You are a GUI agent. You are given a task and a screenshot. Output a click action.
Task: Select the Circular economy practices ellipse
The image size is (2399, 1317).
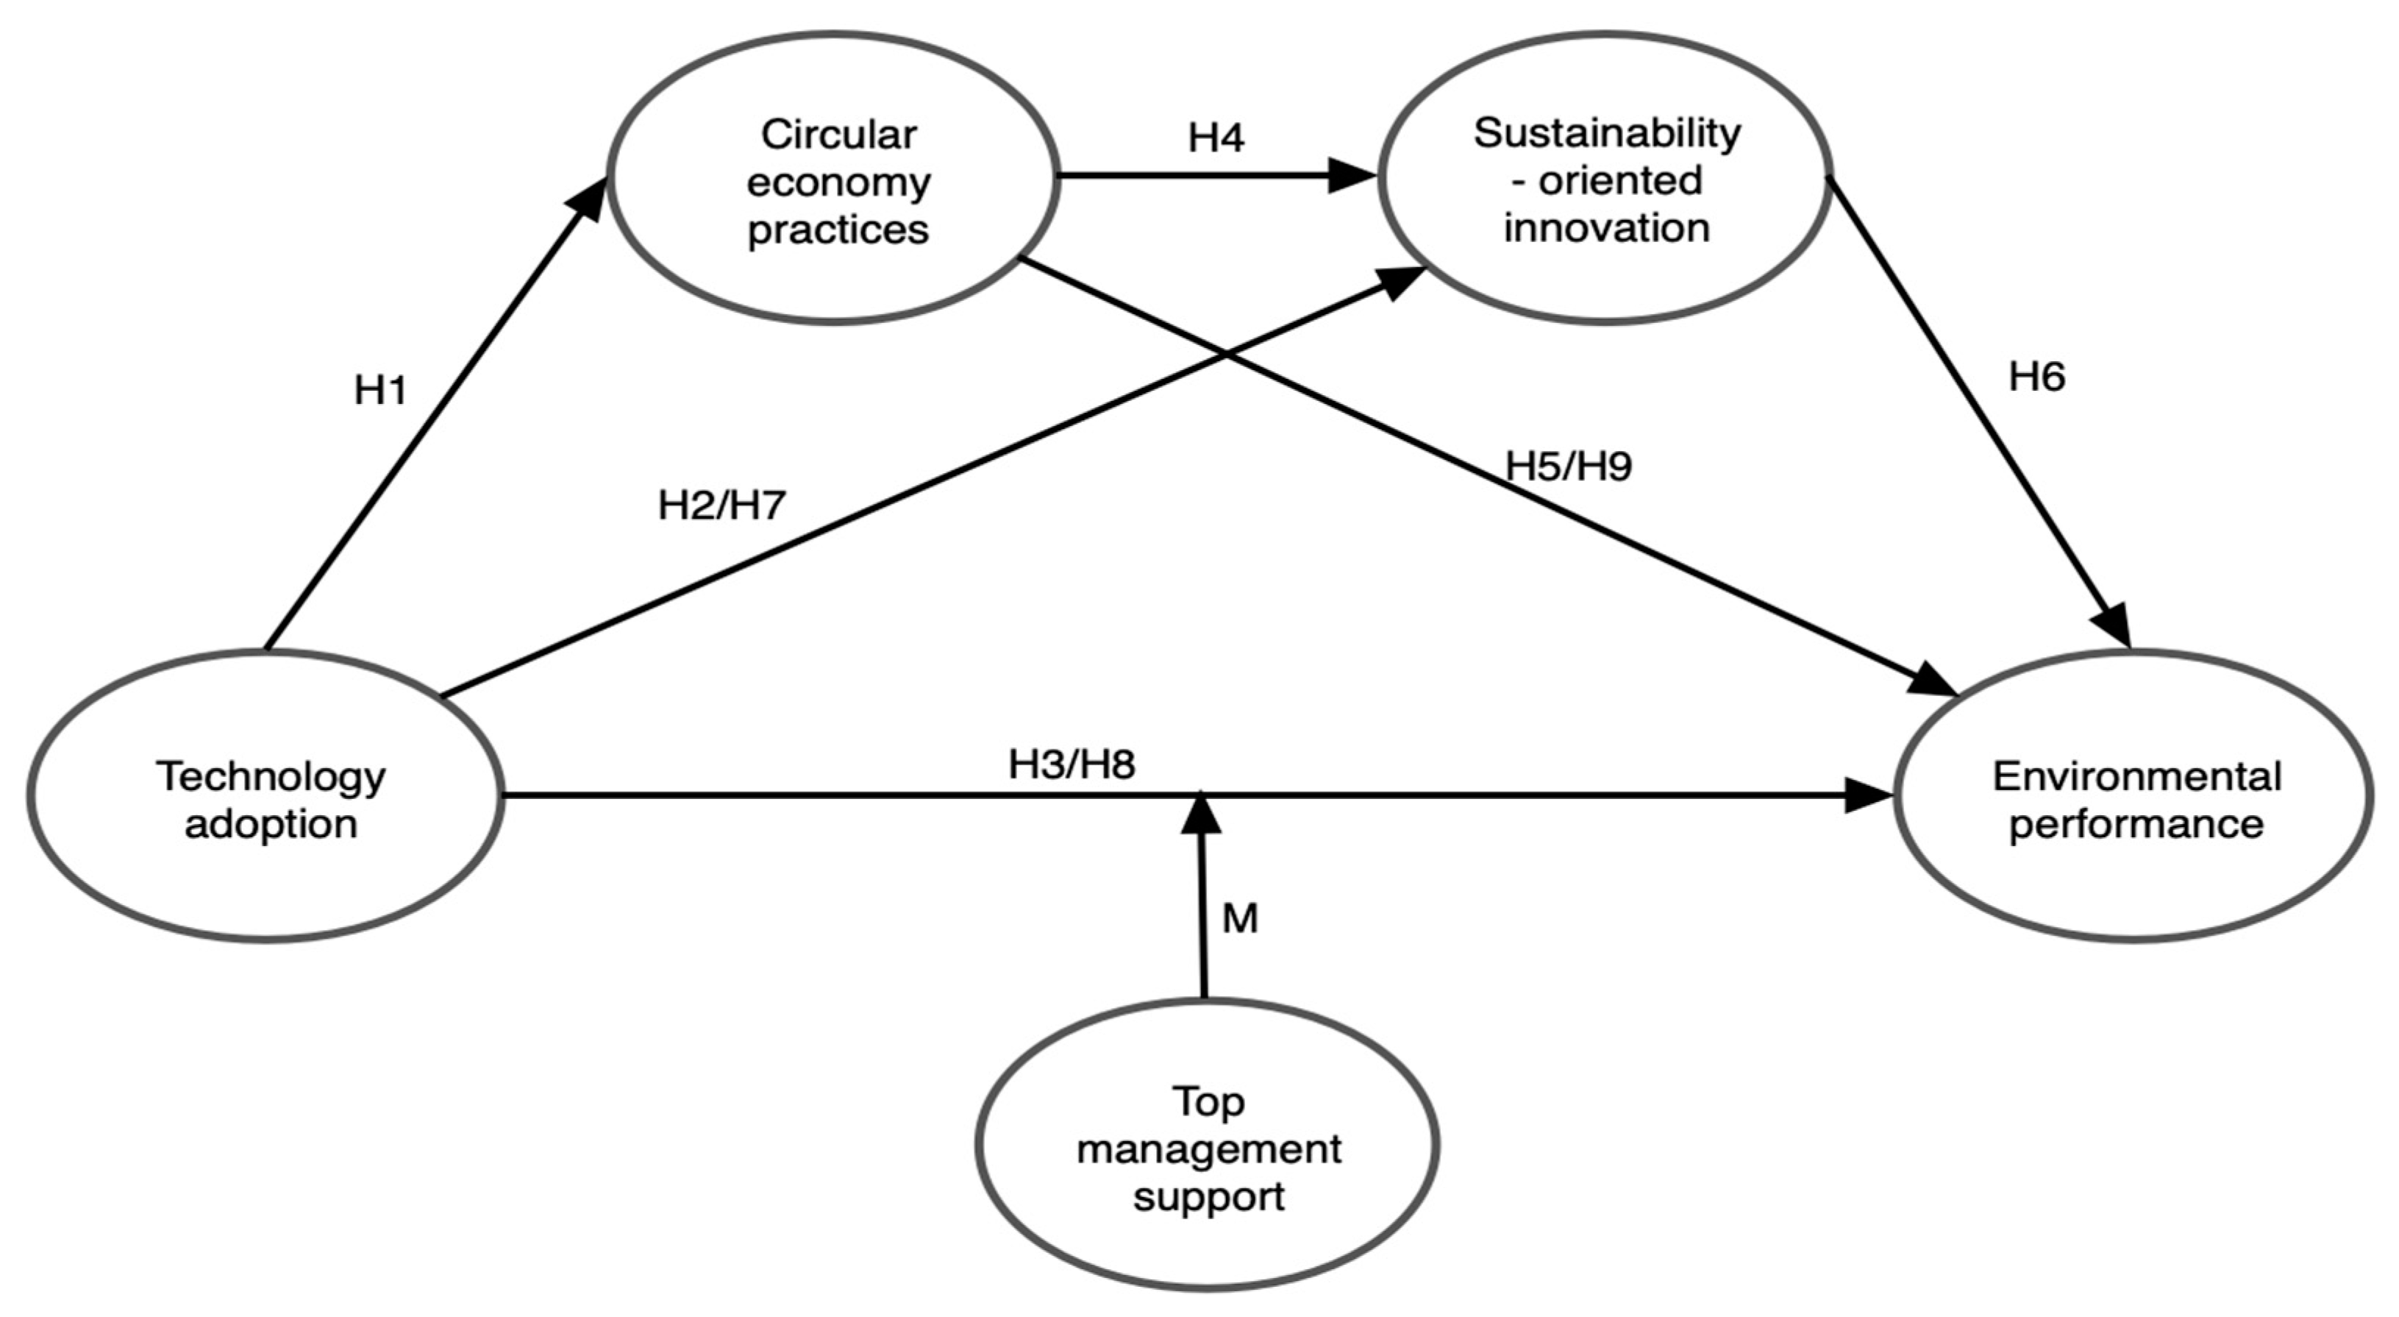(x=835, y=179)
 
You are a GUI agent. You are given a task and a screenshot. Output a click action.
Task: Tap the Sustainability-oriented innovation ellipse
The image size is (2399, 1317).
(x=1605, y=179)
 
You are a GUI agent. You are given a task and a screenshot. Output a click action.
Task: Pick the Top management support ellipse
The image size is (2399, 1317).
(x=1207, y=1146)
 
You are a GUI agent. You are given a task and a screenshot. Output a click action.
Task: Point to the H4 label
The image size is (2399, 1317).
(x=1216, y=138)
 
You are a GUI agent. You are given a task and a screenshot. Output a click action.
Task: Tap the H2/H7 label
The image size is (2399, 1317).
(x=721, y=505)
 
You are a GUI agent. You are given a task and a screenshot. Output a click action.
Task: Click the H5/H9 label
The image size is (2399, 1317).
(x=1569, y=466)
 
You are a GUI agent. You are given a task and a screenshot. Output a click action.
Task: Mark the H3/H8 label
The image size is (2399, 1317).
(x=1072, y=764)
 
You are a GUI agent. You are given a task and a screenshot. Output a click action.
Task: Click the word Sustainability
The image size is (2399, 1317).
(x=1606, y=133)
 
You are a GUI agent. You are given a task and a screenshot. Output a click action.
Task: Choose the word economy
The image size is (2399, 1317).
(x=838, y=182)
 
